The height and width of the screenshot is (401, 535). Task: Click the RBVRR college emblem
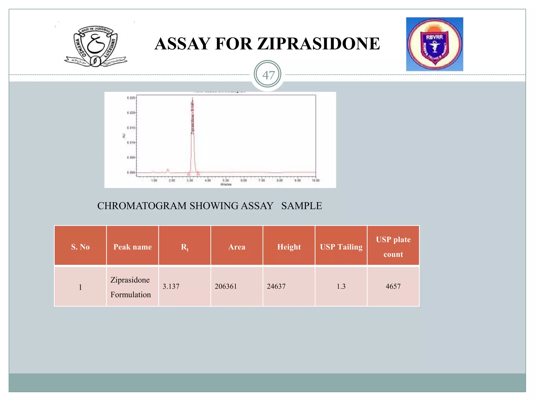tap(434, 44)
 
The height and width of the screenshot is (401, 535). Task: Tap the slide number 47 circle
tap(267, 75)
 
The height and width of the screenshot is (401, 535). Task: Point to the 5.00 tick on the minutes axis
tap(226, 180)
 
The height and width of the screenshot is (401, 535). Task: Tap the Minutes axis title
tap(226, 185)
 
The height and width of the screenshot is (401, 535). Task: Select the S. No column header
tap(80, 247)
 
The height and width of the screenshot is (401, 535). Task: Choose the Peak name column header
tap(132, 247)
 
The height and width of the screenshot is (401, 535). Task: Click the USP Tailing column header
tap(341, 247)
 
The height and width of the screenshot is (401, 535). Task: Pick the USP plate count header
tap(393, 247)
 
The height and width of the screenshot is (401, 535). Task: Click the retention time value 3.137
tap(171, 286)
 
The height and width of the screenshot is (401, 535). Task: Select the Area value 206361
tap(226, 286)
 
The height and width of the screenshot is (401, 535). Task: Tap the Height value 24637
tap(276, 286)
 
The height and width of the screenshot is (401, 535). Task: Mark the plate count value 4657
tap(393, 286)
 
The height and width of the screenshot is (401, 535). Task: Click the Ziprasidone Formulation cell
tap(131, 287)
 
